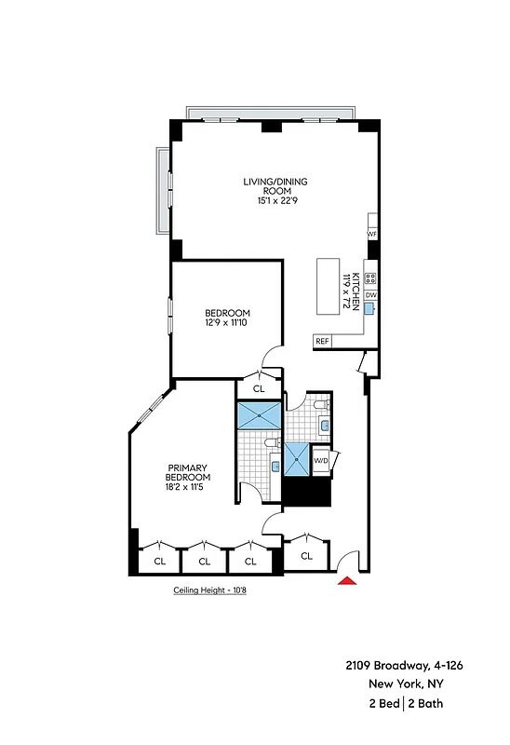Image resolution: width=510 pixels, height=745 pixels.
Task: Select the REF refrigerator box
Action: pos(323,341)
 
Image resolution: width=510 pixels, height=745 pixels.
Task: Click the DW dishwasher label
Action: pos(370,295)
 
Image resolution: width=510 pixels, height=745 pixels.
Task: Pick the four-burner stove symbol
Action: pos(370,278)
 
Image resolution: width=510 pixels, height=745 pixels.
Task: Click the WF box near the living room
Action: pos(371,234)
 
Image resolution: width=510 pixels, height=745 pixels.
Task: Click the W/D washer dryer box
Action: pos(320,461)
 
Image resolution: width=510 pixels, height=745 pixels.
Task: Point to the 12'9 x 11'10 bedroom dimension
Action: pos(226,323)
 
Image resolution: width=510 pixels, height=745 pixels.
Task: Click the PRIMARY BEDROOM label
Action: pos(187,472)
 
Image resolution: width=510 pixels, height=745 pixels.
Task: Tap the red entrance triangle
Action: pos(346,581)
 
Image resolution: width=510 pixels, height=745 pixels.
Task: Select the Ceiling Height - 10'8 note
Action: pos(212,590)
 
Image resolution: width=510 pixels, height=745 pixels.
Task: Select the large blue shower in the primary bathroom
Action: pos(258,414)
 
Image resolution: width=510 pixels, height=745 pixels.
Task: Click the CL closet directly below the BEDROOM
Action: pos(259,388)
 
